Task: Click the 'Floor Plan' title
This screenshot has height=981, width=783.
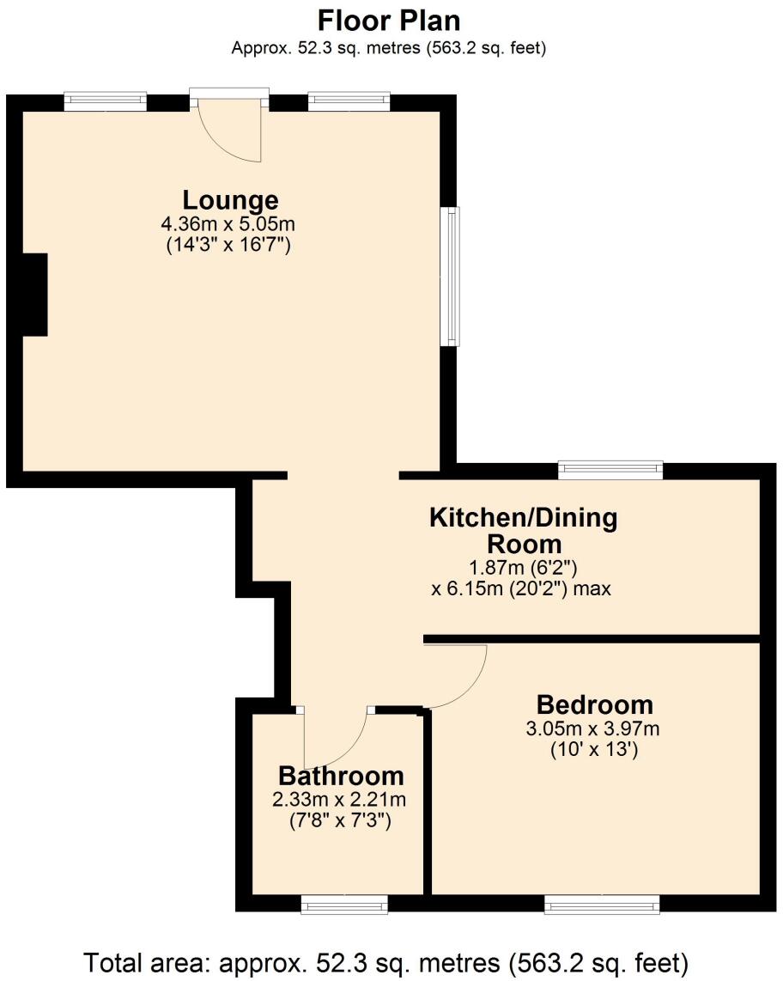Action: (389, 20)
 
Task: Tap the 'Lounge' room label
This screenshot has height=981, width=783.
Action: (231, 200)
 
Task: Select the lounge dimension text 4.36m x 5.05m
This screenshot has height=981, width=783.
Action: (228, 224)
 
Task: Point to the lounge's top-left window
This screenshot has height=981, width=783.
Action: (106, 101)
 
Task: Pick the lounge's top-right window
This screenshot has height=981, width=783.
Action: (349, 101)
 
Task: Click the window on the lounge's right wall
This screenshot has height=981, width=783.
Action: (450, 276)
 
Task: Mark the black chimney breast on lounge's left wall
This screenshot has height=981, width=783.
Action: (34, 295)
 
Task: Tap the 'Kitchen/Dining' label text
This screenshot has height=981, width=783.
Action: (523, 518)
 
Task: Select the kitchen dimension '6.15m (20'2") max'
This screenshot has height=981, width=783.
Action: (520, 590)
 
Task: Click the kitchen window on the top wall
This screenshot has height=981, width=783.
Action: (610, 469)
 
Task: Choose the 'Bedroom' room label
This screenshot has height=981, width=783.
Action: (594, 705)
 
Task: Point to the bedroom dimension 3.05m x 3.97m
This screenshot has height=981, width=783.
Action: (592, 729)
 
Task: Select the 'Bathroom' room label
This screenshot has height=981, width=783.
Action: (340, 776)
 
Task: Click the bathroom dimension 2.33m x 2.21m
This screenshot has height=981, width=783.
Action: (339, 800)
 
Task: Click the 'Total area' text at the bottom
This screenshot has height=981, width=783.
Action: (386, 960)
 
